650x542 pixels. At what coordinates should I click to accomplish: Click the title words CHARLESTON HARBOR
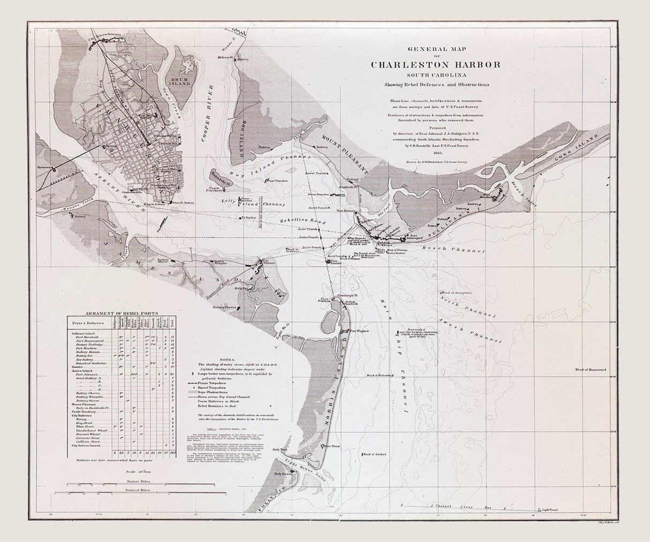(436, 65)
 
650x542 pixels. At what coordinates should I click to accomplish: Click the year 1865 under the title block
(436, 152)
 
